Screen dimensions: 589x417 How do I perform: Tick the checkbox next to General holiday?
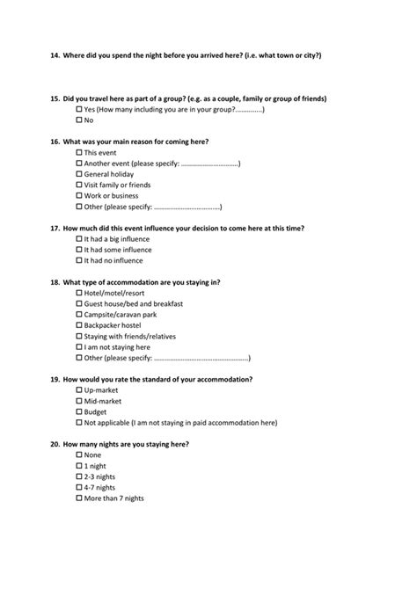[x=79, y=174]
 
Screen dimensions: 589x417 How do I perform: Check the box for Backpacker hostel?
[x=79, y=325]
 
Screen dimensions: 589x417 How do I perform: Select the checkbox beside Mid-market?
[x=79, y=401]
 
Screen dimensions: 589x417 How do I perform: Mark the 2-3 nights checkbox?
[x=79, y=476]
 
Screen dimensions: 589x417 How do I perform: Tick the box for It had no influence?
[x=79, y=260]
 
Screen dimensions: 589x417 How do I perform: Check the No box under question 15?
[x=79, y=120]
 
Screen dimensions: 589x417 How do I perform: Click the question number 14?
[x=55, y=55]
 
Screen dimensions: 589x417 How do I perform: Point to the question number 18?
[x=55, y=282]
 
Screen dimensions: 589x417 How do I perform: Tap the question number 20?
[x=55, y=444]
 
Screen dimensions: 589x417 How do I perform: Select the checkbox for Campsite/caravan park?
[x=79, y=315]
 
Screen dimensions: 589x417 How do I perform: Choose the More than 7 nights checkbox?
[x=79, y=498]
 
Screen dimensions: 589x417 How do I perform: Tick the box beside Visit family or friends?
[x=79, y=185]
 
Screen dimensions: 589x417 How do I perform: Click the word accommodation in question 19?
[x=225, y=379]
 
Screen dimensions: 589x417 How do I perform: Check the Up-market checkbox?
[x=79, y=390]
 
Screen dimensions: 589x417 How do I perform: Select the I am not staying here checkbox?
[x=79, y=347]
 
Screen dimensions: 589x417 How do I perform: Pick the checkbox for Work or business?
[x=79, y=196]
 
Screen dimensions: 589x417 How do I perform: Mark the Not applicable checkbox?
[x=79, y=423]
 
